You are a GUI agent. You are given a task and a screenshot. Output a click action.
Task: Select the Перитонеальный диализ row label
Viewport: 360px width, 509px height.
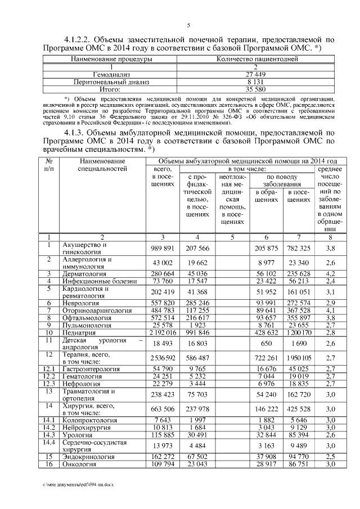pos(110,81)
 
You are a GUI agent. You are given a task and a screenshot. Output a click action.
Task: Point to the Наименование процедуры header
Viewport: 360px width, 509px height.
pos(110,58)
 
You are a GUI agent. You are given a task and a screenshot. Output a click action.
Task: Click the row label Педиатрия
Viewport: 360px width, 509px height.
pos(79,332)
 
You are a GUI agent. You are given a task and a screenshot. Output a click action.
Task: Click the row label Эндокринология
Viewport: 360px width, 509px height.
pos(88,457)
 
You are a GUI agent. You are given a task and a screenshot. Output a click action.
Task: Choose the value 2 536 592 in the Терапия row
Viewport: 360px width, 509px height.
pos(162,358)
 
